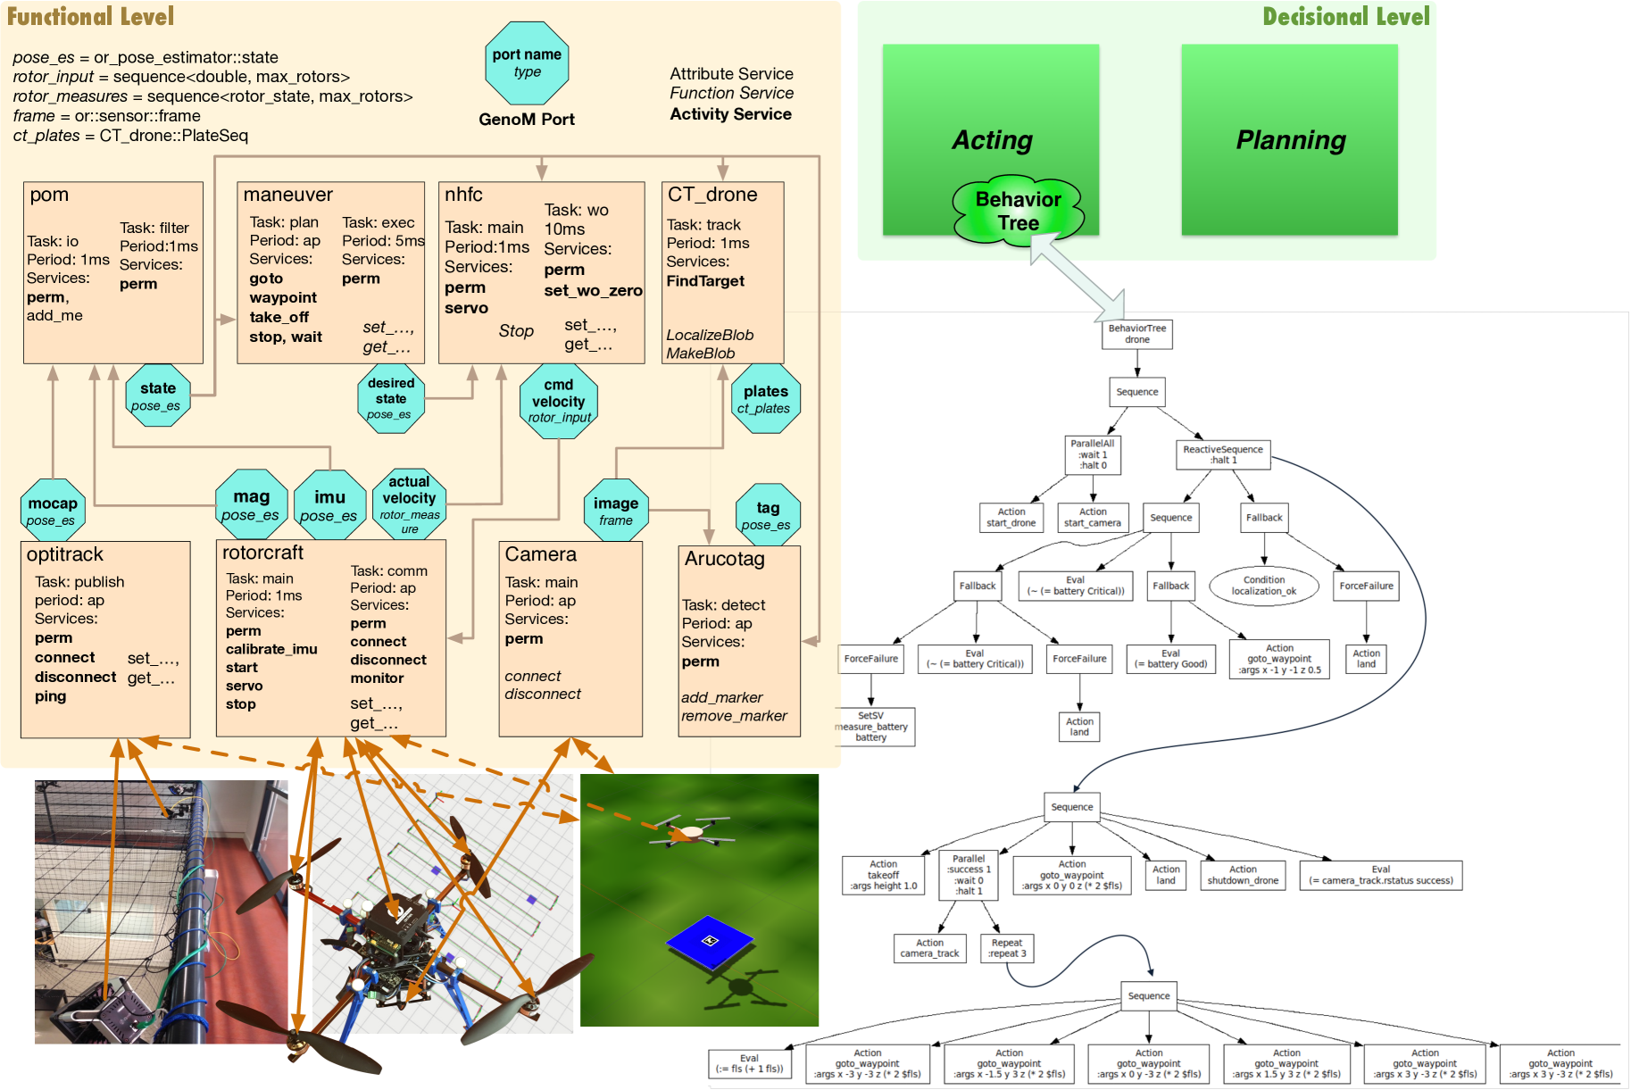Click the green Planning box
[x=1289, y=140]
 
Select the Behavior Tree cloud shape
[x=1018, y=211]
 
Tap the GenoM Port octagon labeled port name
[x=527, y=63]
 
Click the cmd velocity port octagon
[x=559, y=401]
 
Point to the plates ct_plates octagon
[x=765, y=398]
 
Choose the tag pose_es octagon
[x=768, y=514]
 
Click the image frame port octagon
[x=616, y=510]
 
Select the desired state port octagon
[x=390, y=398]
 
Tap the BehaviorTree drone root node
[x=1136, y=334]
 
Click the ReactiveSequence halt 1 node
[x=1222, y=454]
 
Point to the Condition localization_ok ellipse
[x=1263, y=586]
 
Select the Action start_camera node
[x=1092, y=518]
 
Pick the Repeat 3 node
[x=1006, y=948]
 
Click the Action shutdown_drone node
[x=1243, y=875]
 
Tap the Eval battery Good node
[x=1170, y=659]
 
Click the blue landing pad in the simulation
[x=710, y=941]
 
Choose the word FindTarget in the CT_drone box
[x=705, y=281]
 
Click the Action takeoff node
[x=883, y=875]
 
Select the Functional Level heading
[x=90, y=16]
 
